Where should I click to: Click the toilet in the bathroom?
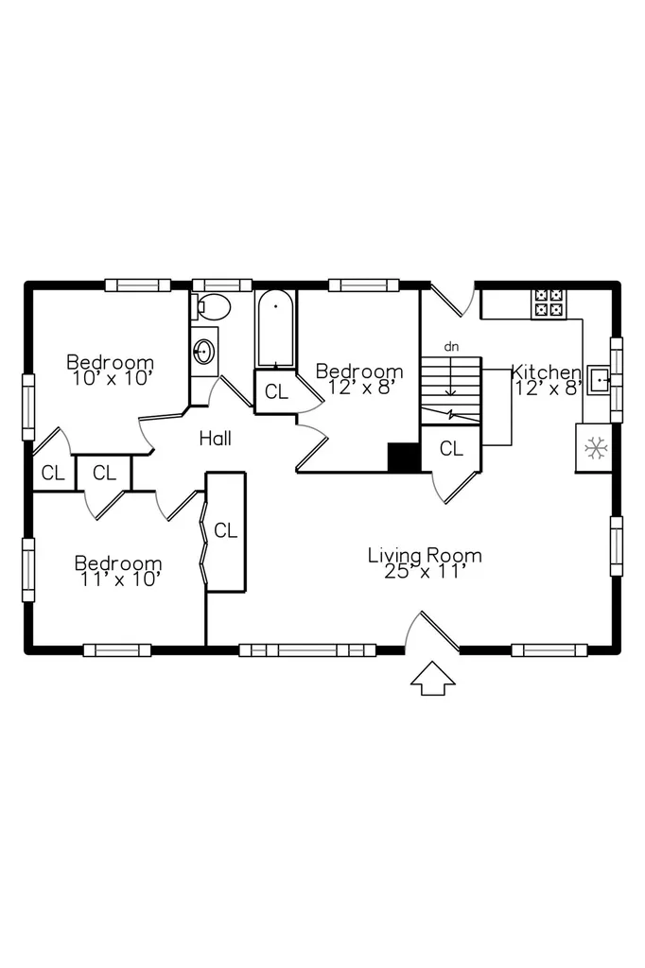[x=211, y=306]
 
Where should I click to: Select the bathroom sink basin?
[x=203, y=352]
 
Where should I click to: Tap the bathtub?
[x=275, y=330]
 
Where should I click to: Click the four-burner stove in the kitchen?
[x=549, y=303]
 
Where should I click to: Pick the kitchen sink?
[x=599, y=380]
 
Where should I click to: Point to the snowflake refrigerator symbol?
[x=596, y=447]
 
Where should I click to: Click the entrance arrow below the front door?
[x=433, y=678]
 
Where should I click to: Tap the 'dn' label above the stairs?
[x=452, y=347]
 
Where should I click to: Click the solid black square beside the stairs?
[x=404, y=458]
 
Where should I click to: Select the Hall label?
[x=216, y=439]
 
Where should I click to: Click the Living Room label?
[x=425, y=556]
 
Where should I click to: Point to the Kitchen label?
[x=546, y=372]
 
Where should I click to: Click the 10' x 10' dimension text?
[x=112, y=378]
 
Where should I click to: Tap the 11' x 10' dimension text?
[x=120, y=579]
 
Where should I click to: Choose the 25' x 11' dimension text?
[x=424, y=571]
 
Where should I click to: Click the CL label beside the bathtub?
[x=276, y=392]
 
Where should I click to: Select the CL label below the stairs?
[x=451, y=449]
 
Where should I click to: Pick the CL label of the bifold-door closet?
[x=225, y=531]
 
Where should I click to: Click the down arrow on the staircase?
[x=451, y=376]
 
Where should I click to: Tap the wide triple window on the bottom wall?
[x=307, y=650]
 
